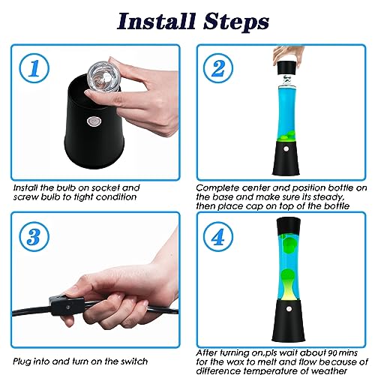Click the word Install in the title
point(156,22)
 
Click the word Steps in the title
point(236,22)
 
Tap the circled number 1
point(34,68)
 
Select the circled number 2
point(218,68)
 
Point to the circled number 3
point(34,236)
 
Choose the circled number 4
point(218,236)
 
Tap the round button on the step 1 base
point(94,121)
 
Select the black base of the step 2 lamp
point(286,158)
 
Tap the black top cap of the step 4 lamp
point(289,226)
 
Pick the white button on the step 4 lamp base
point(289,309)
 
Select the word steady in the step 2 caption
point(328,197)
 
